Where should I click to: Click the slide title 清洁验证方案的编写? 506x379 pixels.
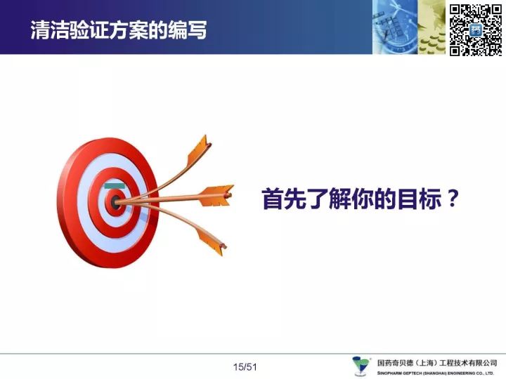coord(119,30)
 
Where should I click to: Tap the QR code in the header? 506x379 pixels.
coord(476,30)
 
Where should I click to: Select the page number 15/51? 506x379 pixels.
coord(245,367)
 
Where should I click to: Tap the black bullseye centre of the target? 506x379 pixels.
coord(115,202)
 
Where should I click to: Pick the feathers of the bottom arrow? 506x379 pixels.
coord(211,240)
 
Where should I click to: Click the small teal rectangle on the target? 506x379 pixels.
coord(115,186)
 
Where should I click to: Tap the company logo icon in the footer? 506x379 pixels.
coord(361,366)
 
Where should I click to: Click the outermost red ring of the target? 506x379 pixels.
coord(67,203)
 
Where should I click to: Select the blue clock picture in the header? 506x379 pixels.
coord(395,27)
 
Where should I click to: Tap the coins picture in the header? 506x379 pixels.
coord(432,27)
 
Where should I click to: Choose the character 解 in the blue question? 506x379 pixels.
coord(340,199)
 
